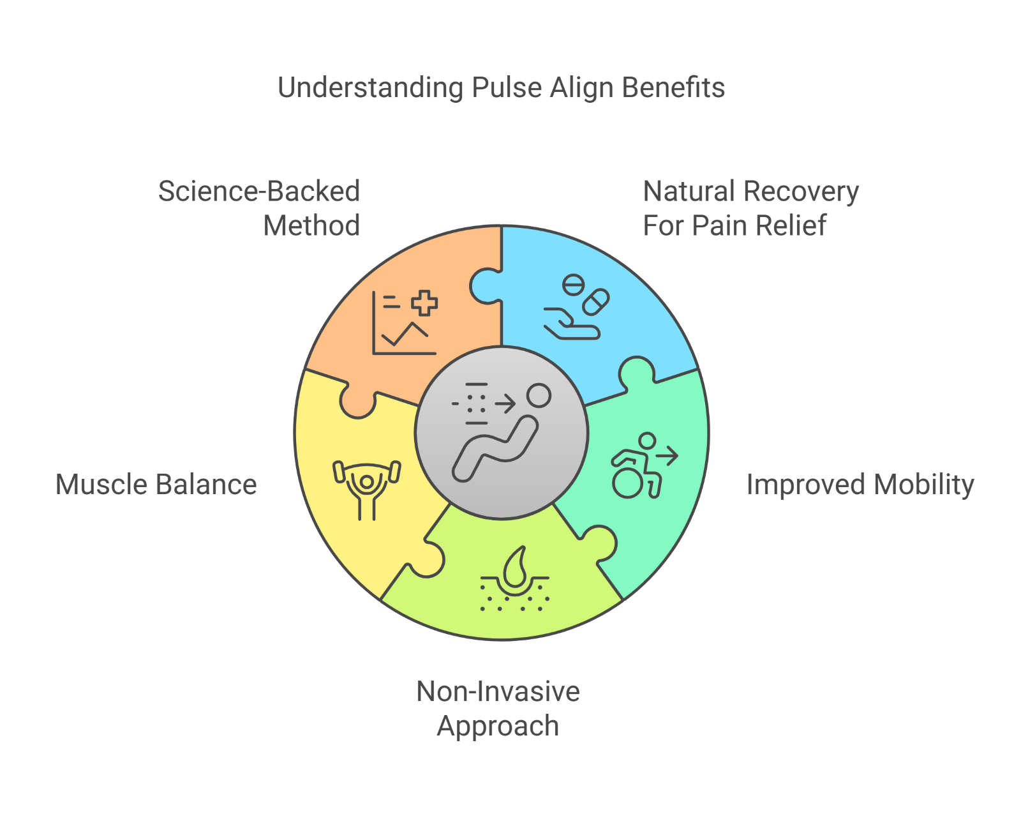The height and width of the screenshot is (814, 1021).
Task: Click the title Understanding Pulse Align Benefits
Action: point(501,88)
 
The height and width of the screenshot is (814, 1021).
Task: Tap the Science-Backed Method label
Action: point(259,208)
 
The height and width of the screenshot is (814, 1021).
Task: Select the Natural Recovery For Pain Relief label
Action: point(750,208)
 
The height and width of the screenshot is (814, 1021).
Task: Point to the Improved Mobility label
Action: point(860,485)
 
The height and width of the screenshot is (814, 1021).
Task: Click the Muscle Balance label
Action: point(156,485)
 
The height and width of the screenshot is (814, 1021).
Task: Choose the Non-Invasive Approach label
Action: point(498,709)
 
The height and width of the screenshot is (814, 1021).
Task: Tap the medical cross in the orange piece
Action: point(424,303)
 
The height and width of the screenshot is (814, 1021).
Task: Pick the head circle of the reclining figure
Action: point(539,395)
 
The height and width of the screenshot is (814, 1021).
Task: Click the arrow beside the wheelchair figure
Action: point(667,456)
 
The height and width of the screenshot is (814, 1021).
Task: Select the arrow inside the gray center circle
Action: point(505,403)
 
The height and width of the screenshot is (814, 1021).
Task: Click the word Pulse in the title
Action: point(507,88)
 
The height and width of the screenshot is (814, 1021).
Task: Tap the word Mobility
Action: point(924,485)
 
